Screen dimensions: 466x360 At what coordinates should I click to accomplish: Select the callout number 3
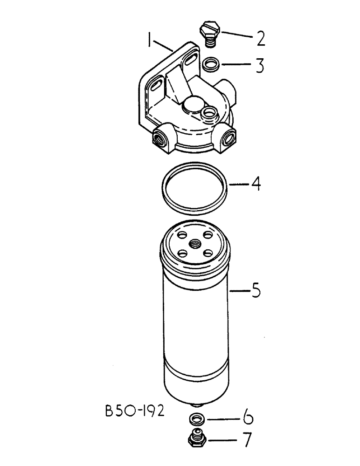259,66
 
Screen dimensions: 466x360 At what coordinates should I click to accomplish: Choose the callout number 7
247,440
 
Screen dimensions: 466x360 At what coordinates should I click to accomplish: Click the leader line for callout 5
240,292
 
